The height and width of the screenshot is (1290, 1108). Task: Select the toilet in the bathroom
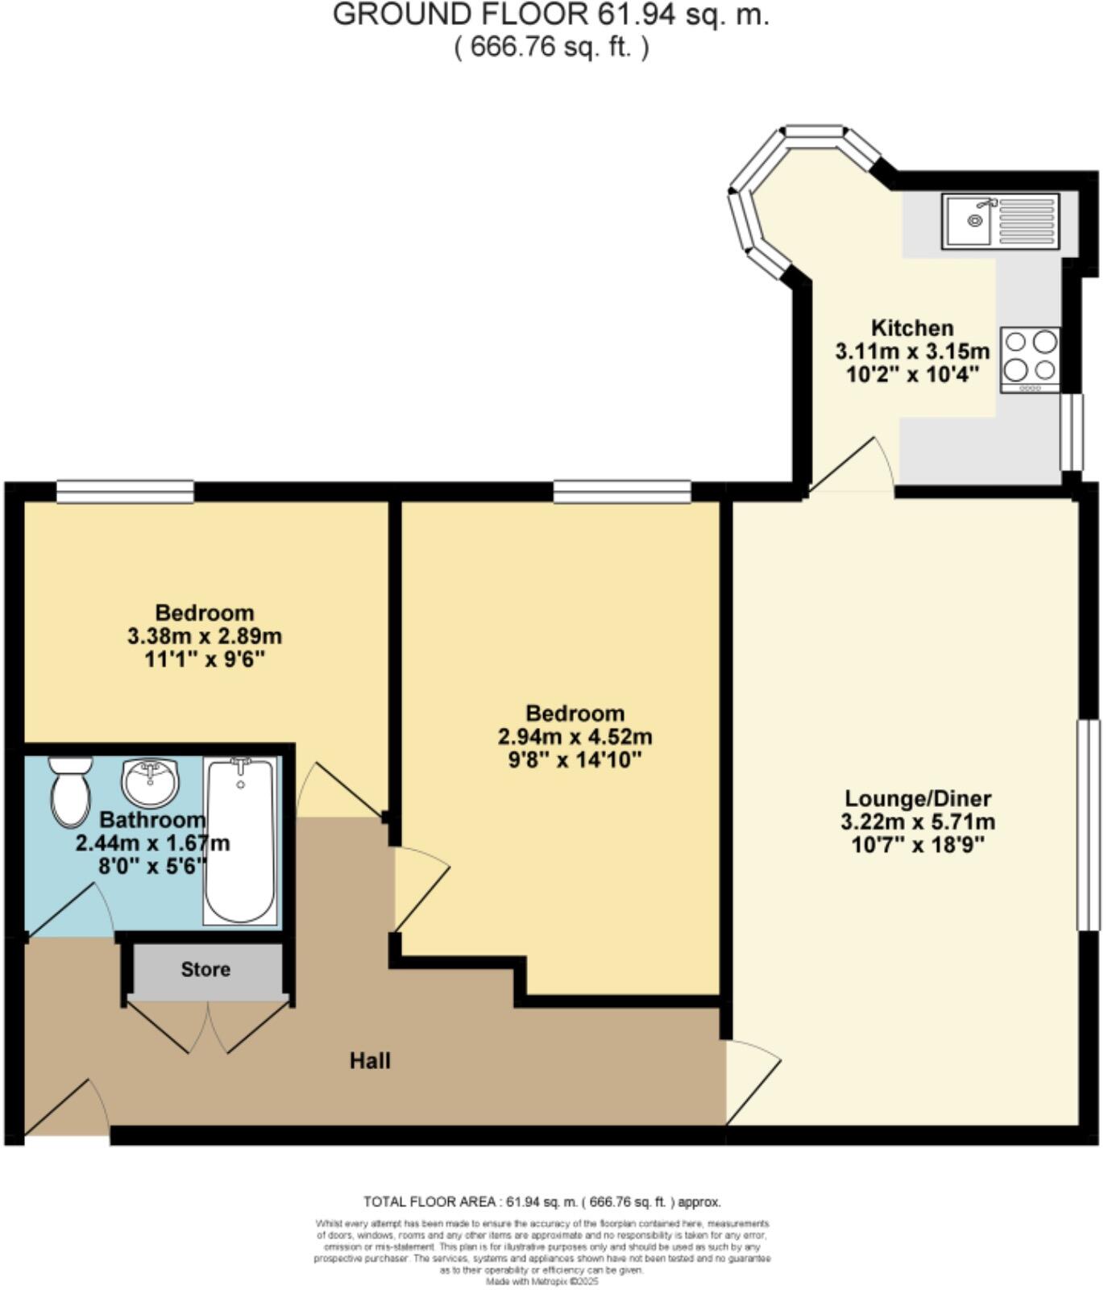pos(70,791)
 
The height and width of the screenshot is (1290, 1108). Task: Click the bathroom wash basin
pos(150,782)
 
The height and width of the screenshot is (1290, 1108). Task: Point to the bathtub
pos(240,840)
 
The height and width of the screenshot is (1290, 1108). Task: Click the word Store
pos(205,969)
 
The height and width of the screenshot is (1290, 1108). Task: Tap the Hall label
pos(370,1060)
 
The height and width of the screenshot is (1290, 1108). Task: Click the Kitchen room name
pos(912,328)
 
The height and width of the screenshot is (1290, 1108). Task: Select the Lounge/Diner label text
pos(918,798)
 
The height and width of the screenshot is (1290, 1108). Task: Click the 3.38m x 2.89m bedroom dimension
pos(205,636)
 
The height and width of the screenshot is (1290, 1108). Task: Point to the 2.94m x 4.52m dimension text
pos(575,736)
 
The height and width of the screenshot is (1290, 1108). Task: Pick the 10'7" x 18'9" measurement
pos(918,845)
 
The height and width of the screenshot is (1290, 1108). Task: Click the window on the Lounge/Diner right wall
pos(1089,825)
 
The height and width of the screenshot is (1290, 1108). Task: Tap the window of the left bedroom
pos(125,491)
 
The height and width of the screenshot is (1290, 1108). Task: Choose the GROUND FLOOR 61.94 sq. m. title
pos(551,15)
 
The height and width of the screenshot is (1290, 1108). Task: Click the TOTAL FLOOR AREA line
pos(542,1202)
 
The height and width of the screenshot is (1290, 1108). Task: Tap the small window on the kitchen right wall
pos(1072,432)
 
